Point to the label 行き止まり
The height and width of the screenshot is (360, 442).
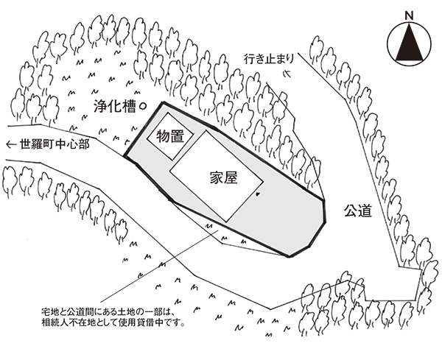coord(273,58)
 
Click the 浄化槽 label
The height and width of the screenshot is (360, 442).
coord(114,106)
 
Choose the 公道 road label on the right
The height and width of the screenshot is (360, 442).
coord(357,211)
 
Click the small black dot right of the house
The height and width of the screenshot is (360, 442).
coord(257,194)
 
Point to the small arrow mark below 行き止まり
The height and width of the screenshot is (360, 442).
coord(288,72)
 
